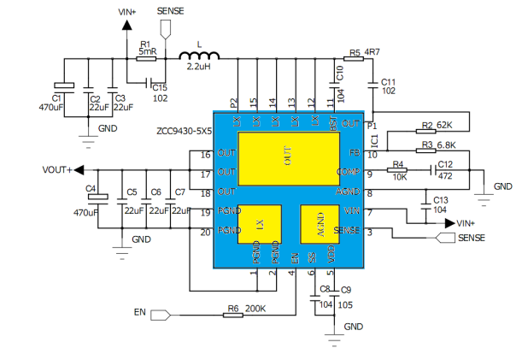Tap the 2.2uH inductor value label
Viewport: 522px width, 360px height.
coord(199,67)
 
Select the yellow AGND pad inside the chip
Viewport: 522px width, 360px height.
coord(320,225)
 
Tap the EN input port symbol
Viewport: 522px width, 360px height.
coord(161,316)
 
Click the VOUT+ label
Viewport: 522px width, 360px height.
coord(57,169)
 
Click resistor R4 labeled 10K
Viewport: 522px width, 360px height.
coord(397,171)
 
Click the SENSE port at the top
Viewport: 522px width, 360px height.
coord(166,27)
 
